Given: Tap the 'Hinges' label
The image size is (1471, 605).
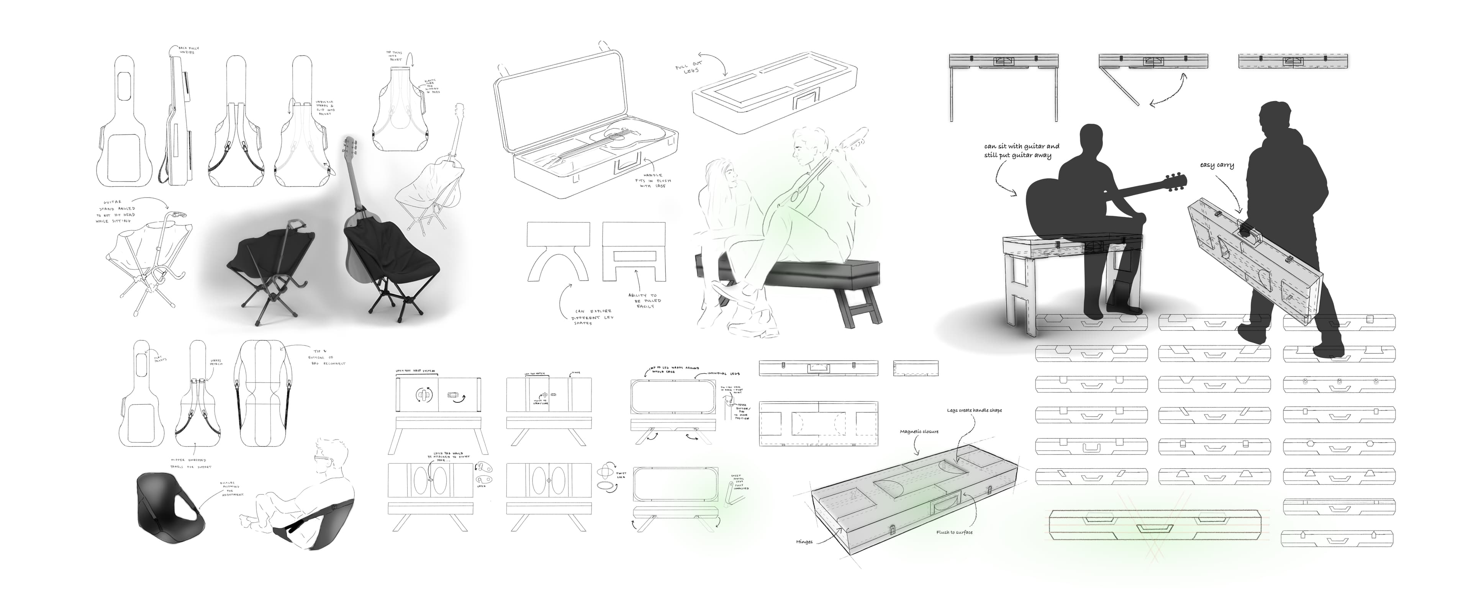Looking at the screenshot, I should (x=804, y=542).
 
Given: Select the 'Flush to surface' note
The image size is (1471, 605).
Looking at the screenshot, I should (x=954, y=533).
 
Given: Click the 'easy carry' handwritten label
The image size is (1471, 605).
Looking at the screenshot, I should (x=1217, y=165).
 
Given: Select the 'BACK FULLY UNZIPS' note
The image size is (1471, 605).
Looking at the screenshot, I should (x=186, y=50).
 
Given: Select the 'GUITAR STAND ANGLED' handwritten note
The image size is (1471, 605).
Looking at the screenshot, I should (x=118, y=211).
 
